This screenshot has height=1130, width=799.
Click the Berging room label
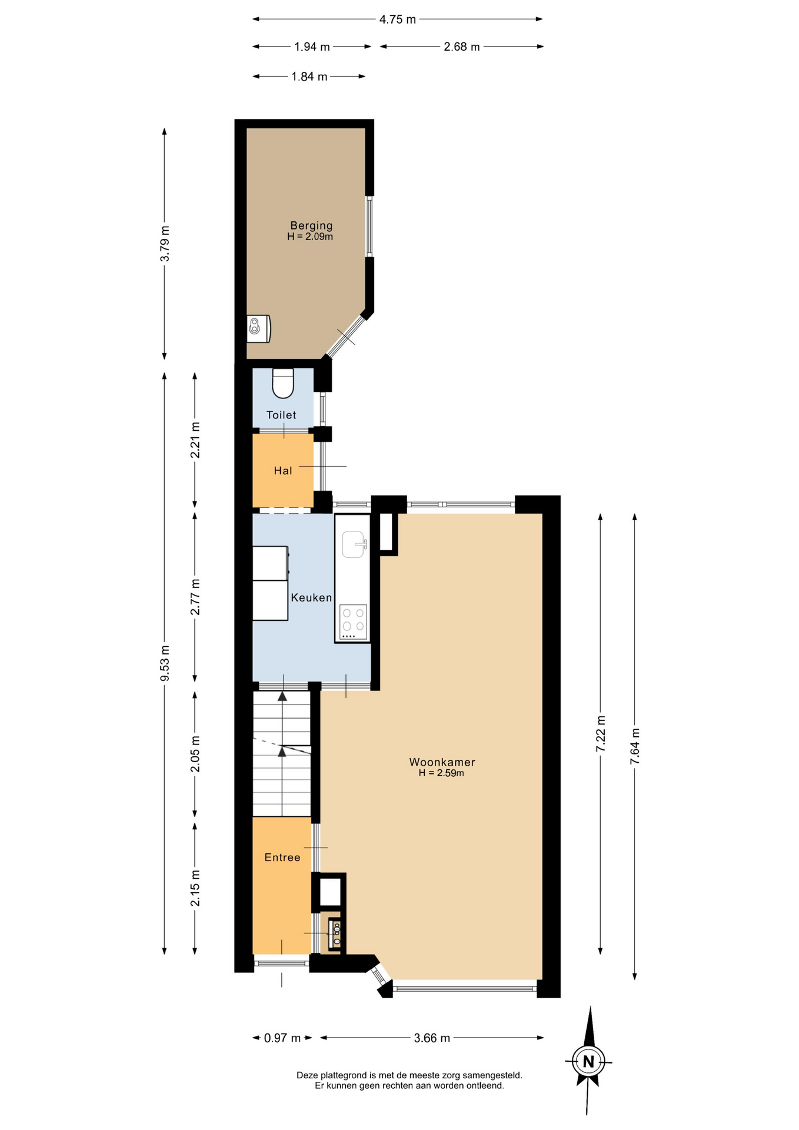point(311,225)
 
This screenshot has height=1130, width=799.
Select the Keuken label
point(311,597)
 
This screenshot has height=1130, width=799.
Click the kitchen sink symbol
point(354,544)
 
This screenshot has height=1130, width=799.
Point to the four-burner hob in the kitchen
point(353,622)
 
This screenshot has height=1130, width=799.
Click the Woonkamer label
point(442,762)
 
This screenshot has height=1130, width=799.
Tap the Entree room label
point(282,858)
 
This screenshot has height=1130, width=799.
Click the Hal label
point(283,471)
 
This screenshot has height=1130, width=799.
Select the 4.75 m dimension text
point(398,19)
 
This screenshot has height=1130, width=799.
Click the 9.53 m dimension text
point(165,663)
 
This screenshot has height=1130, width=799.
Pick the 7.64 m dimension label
point(635,746)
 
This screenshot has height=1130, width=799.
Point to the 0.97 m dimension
point(282,1038)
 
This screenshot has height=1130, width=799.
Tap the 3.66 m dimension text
point(432,1038)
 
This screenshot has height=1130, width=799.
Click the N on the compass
point(588,1062)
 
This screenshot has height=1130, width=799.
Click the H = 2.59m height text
point(441,773)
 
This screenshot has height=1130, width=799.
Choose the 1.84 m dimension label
point(309,77)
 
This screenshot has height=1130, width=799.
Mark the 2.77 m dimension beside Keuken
point(195,597)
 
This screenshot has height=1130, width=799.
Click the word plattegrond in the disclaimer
point(339,1075)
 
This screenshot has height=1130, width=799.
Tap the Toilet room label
point(281,415)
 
